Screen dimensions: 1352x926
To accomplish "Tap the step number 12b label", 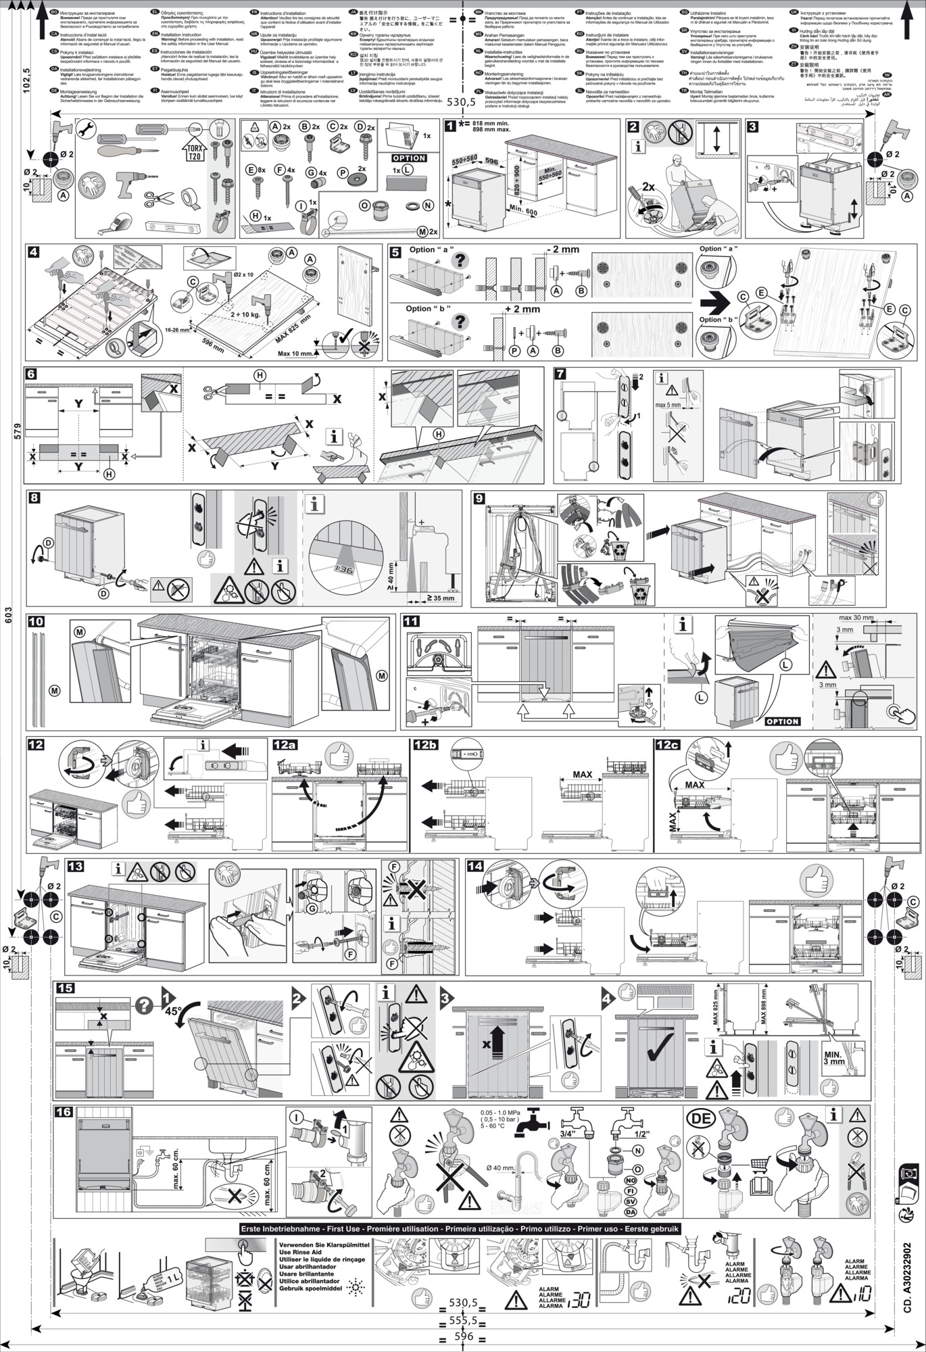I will (427, 744).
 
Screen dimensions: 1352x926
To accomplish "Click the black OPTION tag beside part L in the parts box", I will (409, 158).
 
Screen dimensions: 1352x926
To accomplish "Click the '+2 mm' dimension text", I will (522, 310).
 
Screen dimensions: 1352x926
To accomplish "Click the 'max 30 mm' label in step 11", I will (856, 618).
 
